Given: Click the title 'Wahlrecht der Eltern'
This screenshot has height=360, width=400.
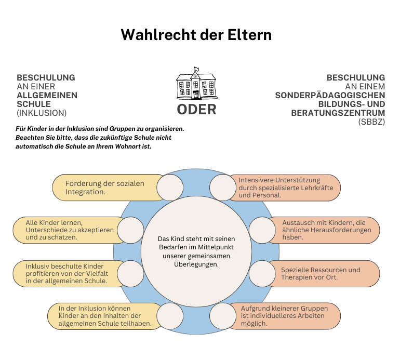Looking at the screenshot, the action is click(196, 35).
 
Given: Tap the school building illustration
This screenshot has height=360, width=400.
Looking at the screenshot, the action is click(196, 83).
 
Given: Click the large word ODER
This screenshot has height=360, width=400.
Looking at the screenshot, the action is click(196, 110).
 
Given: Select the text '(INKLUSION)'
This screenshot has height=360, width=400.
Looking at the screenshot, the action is click(42, 113).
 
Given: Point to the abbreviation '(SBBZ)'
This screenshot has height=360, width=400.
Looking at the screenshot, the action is click(371, 122).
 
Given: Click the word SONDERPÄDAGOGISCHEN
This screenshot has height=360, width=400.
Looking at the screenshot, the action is click(330, 95).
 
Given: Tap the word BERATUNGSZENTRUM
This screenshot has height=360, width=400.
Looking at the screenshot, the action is click(338, 113).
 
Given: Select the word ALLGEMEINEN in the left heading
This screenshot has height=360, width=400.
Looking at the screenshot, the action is click(47, 95).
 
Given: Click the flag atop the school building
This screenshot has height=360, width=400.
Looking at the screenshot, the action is click(196, 69).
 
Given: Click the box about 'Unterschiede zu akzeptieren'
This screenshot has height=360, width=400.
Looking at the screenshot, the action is click(69, 230).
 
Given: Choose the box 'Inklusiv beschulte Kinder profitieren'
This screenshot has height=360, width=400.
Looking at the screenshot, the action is click(69, 274).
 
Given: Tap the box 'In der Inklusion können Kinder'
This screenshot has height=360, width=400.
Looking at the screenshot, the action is click(104, 316).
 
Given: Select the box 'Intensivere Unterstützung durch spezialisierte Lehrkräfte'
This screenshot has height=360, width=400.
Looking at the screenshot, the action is click(285, 188).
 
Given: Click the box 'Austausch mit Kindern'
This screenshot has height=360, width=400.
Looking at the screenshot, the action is click(324, 230).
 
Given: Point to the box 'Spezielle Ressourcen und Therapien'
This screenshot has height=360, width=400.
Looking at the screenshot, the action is click(324, 274).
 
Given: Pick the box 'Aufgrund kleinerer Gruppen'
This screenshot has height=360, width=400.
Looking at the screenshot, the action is click(285, 316).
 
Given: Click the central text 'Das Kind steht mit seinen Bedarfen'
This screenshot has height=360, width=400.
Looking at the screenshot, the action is click(196, 251).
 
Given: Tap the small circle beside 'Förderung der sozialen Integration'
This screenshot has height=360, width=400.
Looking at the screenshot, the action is click(170, 188).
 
